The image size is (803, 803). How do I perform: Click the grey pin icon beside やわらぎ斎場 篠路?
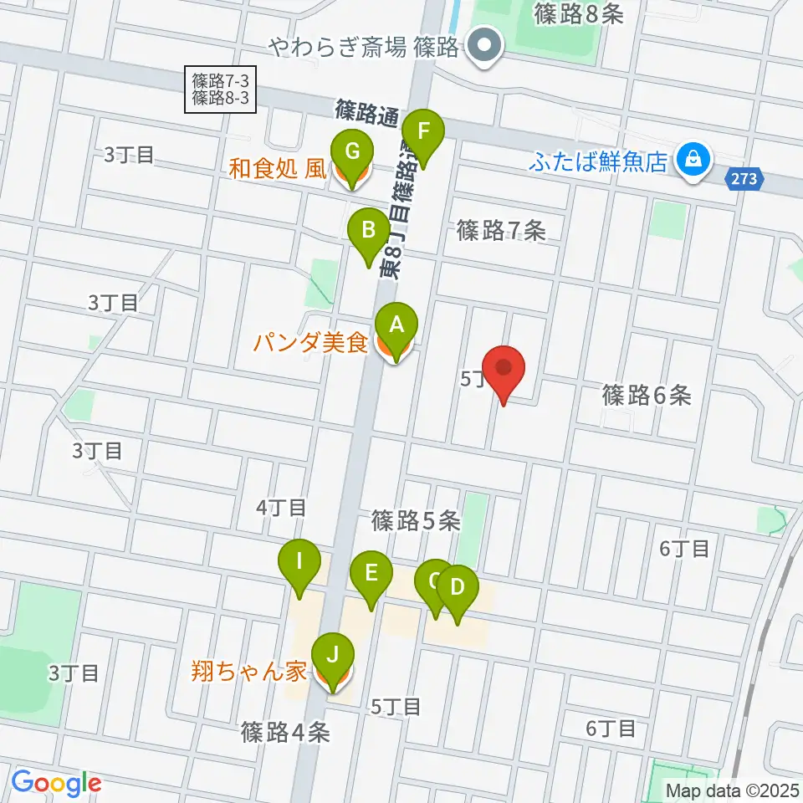tap(483, 46)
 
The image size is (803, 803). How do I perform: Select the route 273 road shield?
tap(749, 178)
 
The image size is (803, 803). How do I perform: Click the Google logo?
tap(56, 784)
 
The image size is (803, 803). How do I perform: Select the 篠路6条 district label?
tap(647, 395)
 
